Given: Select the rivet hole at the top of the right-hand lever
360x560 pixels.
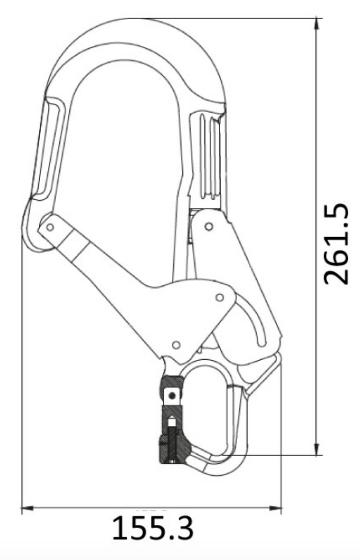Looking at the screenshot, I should pos(209,226).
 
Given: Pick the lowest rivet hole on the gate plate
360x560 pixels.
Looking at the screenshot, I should pos(176,345).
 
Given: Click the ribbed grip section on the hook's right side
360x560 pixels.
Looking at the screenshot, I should pos(209,154).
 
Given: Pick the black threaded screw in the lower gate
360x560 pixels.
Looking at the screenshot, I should pos(173,440).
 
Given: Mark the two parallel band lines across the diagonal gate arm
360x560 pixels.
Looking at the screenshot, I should pos(79,250).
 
